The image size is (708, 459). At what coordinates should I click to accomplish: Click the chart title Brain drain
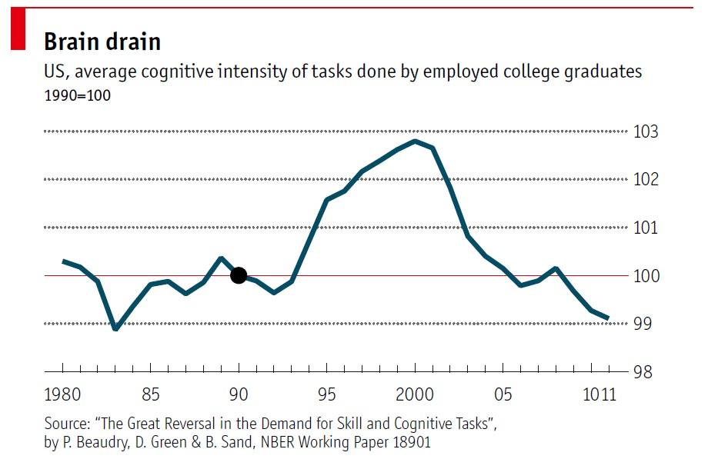click(102, 41)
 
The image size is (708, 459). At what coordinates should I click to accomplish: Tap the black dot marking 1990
click(239, 275)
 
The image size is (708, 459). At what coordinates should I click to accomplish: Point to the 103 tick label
click(646, 131)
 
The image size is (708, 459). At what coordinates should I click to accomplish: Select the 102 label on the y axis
click(646, 179)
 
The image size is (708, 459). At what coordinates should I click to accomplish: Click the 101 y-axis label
click(646, 228)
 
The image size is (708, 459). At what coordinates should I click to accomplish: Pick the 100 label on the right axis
click(646, 275)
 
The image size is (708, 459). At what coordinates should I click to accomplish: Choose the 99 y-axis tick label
click(642, 324)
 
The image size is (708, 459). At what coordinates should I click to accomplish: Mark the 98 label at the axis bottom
click(642, 372)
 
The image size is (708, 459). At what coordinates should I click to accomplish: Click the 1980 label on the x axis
click(63, 396)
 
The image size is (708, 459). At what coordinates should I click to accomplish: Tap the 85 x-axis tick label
click(151, 396)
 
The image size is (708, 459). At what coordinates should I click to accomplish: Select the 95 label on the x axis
click(327, 396)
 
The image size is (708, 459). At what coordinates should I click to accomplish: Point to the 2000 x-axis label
click(416, 396)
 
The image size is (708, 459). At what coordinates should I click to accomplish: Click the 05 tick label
click(503, 396)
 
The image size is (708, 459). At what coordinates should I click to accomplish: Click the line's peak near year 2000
click(416, 141)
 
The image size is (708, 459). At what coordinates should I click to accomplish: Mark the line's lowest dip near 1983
click(115, 329)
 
